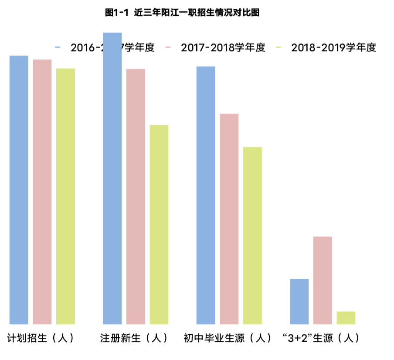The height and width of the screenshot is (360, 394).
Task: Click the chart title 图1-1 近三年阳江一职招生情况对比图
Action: coord(182,13)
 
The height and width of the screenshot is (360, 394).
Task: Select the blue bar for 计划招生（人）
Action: coord(19,190)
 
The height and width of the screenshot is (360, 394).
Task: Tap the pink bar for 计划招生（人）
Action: coord(42,192)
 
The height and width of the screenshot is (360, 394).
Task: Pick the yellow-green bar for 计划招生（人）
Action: coord(65,196)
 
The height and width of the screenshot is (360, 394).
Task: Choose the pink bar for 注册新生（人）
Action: coord(136,196)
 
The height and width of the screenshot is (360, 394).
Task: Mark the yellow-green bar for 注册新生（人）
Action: coord(159,224)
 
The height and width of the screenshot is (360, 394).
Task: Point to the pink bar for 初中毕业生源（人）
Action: coord(229,219)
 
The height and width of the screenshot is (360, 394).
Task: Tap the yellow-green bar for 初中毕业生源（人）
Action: coord(252,235)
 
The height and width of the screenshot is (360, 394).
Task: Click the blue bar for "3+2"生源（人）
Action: coord(299,301)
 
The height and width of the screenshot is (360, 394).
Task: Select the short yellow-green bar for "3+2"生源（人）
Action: coord(346,318)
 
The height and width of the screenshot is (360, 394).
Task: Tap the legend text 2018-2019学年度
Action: coord(333,48)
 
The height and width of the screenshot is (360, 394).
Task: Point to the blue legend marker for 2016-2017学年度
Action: coord(58,48)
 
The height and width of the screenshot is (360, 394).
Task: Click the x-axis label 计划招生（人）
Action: coord(41,338)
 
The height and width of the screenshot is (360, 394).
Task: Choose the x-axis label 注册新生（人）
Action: coord(134,338)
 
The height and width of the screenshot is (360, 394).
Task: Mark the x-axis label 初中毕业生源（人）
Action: coord(228,338)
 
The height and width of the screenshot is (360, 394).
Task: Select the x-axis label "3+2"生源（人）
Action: coord(321,338)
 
